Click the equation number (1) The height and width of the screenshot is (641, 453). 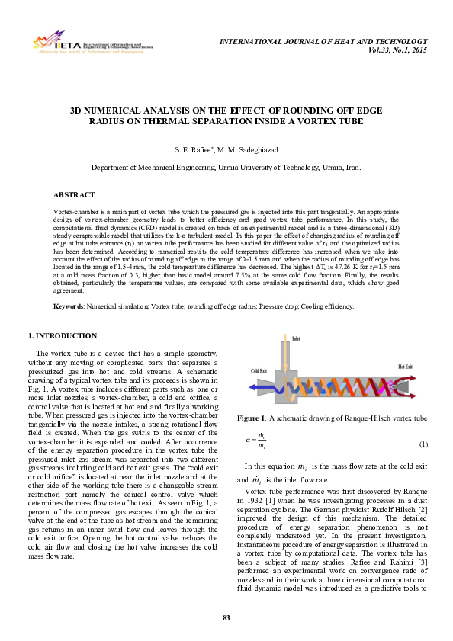coord(423,444)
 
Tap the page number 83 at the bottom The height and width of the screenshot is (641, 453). coord(226,617)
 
